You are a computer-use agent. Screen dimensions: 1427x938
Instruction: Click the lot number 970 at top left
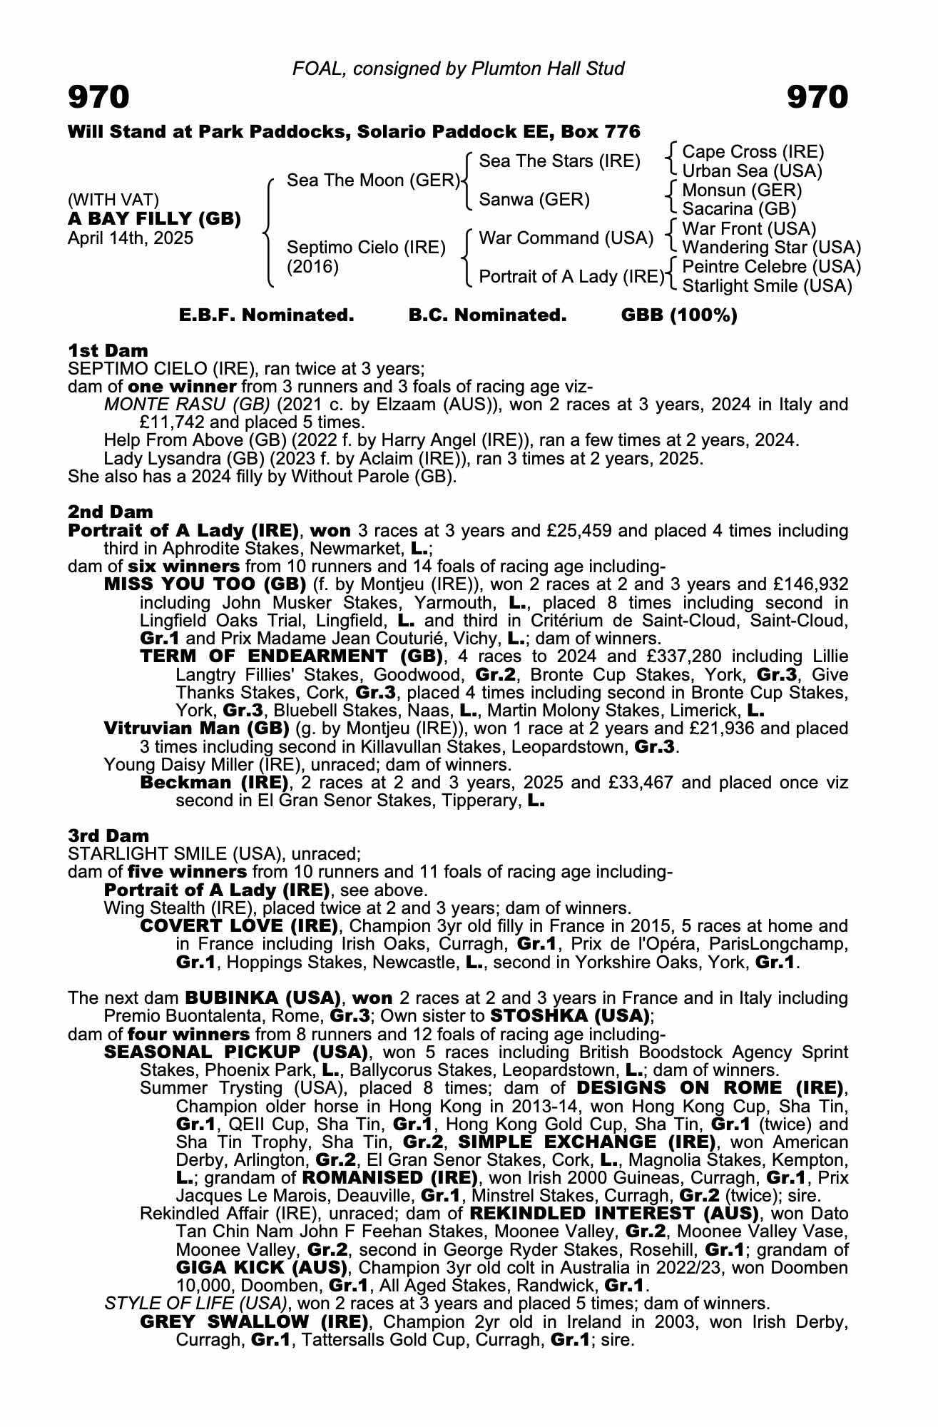tap(98, 97)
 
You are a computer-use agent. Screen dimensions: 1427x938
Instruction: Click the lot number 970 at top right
tap(817, 97)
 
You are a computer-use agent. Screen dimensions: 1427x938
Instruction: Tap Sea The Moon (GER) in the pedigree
tap(373, 181)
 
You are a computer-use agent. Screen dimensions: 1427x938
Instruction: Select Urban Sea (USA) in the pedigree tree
tap(752, 171)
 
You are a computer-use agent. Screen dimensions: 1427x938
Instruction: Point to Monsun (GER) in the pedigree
tap(742, 191)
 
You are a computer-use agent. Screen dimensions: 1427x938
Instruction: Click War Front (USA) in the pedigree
tap(749, 229)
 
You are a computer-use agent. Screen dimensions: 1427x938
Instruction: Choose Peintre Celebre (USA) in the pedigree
tap(771, 267)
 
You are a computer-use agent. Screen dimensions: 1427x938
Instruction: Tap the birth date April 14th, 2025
tap(131, 238)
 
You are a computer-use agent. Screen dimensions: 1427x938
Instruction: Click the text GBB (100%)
tap(679, 315)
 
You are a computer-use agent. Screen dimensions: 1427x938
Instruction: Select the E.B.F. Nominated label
tap(266, 315)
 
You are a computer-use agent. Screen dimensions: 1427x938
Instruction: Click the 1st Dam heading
tap(108, 350)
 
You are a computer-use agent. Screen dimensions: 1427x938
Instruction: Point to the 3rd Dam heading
tap(109, 836)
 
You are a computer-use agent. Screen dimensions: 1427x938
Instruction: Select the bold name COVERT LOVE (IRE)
tap(238, 926)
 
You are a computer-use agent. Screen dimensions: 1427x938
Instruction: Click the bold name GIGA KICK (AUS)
tap(261, 1268)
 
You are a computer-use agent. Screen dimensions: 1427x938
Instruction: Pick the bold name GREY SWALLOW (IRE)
tap(255, 1321)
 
